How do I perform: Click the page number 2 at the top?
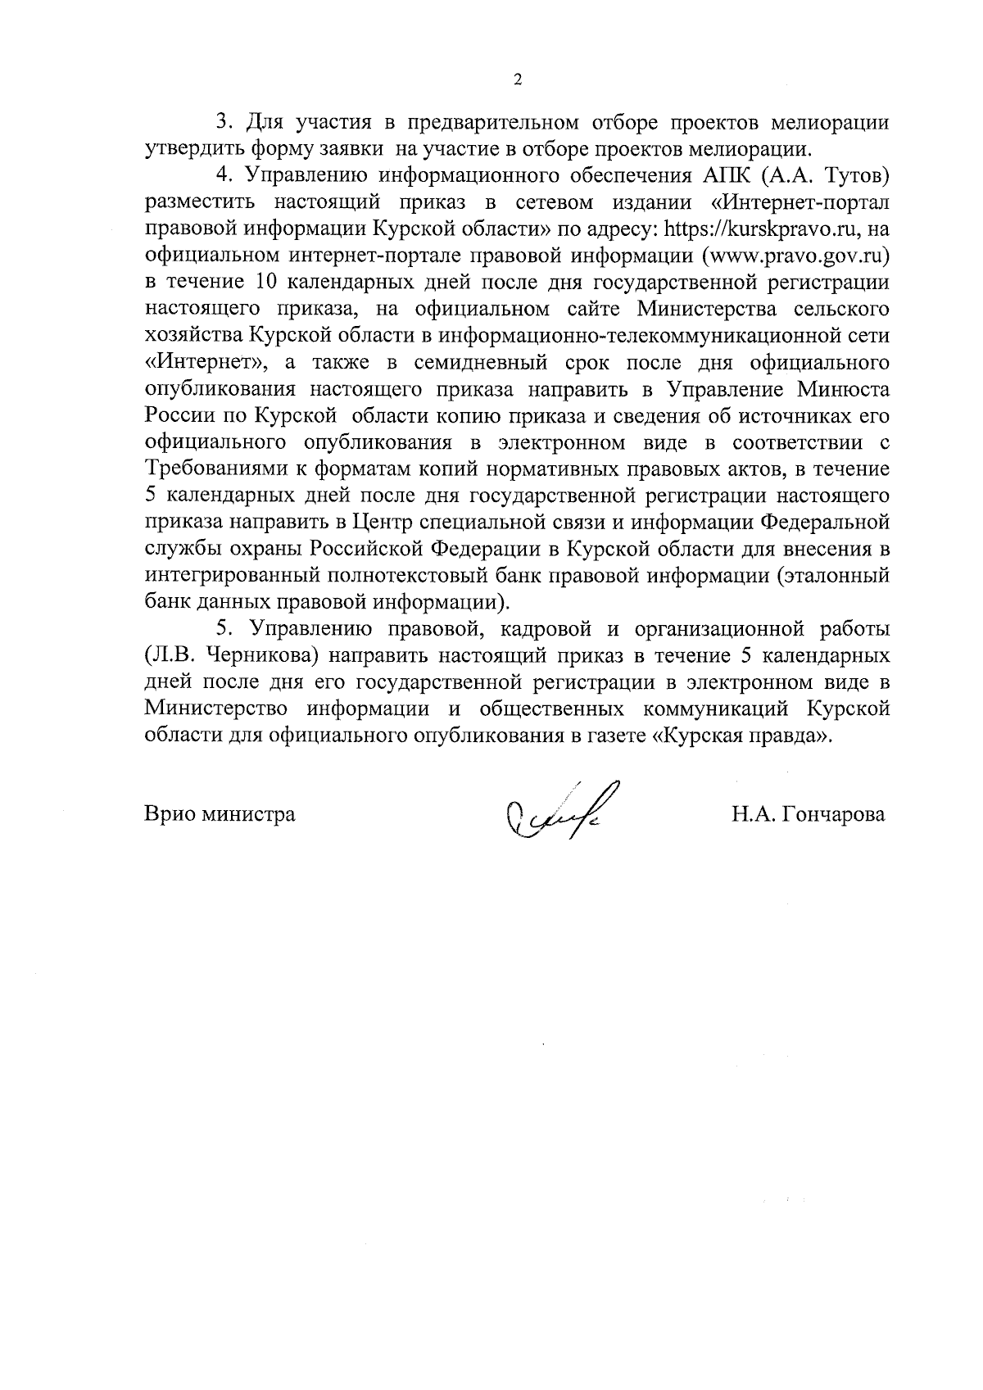pyautogui.click(x=516, y=79)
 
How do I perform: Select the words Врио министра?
pyautogui.click(x=220, y=815)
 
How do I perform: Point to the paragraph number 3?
pyautogui.click(x=222, y=122)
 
